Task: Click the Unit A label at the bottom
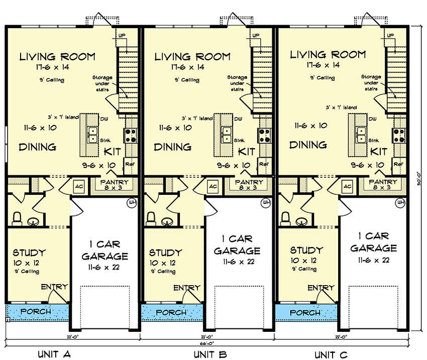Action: (x=53, y=354)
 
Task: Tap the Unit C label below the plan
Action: (x=331, y=355)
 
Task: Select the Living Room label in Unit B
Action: (x=192, y=57)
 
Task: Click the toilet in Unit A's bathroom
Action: (x=16, y=218)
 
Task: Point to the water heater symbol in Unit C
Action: (x=400, y=202)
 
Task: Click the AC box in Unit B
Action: (x=213, y=186)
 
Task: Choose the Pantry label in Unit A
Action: (x=115, y=182)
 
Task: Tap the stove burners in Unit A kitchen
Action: (x=130, y=135)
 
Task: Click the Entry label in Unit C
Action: (x=321, y=288)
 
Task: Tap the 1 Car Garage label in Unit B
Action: (x=237, y=245)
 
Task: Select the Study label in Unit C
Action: (x=306, y=250)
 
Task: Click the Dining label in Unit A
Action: (x=37, y=147)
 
